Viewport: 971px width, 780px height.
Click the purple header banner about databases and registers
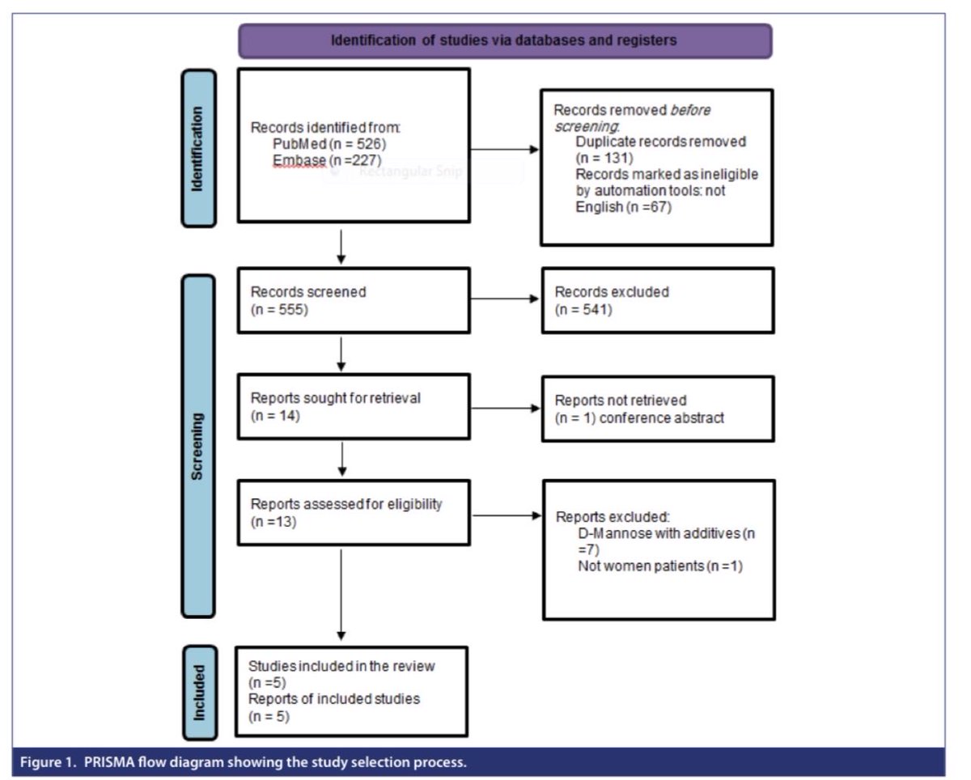tap(505, 40)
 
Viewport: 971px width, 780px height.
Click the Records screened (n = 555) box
tap(353, 300)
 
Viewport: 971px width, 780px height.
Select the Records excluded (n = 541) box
tap(657, 300)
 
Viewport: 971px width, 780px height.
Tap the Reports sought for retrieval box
tap(353, 406)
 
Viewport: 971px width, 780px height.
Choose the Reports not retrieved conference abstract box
tap(657, 409)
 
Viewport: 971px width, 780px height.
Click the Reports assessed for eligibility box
tap(353, 513)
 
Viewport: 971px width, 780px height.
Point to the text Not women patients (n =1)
tap(660, 566)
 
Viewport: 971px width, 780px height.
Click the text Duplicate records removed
tap(660, 141)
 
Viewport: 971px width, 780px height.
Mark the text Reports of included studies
tap(334, 698)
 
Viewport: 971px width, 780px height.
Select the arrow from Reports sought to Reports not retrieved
tap(505, 408)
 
